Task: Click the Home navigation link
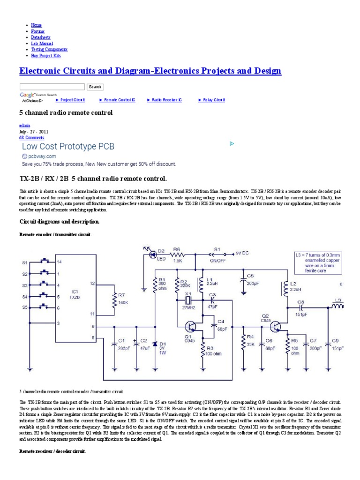36,25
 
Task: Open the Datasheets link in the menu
40,37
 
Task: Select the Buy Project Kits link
46,55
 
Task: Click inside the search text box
52,87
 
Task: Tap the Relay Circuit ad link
214,100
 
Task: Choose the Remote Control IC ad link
117,100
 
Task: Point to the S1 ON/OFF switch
217,255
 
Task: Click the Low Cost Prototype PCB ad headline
68,147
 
